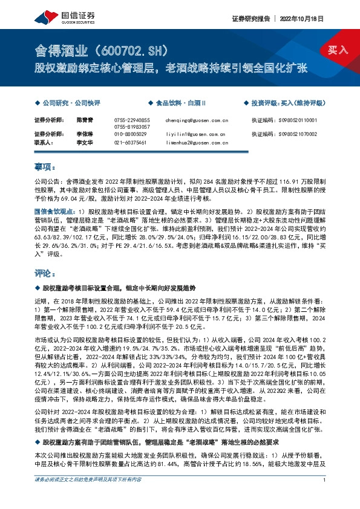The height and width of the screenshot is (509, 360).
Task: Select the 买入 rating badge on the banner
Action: (x=339, y=50)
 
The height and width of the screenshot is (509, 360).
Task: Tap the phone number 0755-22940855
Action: (x=131, y=120)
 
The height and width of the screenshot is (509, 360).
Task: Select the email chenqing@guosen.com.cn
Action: (x=195, y=120)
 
